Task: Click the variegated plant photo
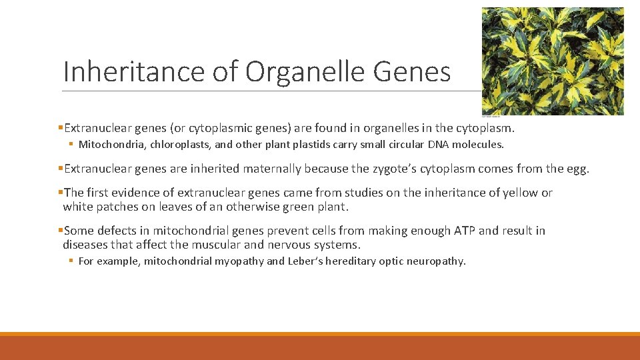[553, 61]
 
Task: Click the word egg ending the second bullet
[575, 169]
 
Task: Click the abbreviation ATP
[464, 231]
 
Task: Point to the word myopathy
[239, 261]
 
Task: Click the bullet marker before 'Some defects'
[61, 231]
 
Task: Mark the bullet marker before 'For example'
[71, 261]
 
